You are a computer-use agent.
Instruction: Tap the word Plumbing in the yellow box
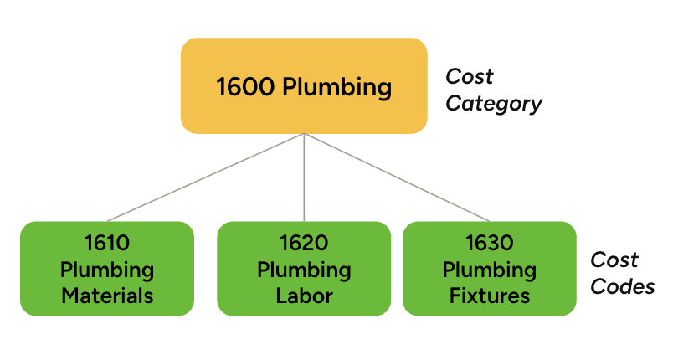click(x=336, y=87)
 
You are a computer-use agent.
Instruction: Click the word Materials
click(x=106, y=296)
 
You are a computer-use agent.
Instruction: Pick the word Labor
click(x=304, y=296)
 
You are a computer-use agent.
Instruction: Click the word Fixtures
click(x=490, y=296)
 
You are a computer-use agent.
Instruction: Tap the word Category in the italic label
click(x=494, y=104)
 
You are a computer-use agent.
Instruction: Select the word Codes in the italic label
click(x=622, y=286)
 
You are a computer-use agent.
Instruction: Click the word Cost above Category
click(x=469, y=76)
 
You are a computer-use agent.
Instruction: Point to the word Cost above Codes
click(x=614, y=260)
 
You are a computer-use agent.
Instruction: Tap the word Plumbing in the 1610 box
click(x=106, y=270)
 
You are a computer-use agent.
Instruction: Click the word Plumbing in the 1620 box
click(x=304, y=270)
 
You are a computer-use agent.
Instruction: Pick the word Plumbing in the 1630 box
click(x=490, y=270)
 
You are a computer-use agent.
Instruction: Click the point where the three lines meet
click(x=304, y=135)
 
